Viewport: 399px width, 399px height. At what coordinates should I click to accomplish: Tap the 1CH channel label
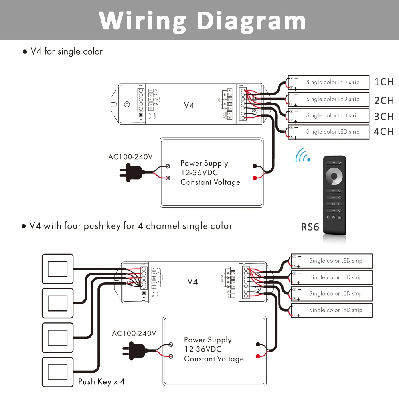pyautogui.click(x=384, y=82)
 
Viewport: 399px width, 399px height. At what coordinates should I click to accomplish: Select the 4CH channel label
pyautogui.click(x=384, y=132)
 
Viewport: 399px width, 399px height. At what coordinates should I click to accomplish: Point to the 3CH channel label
pyautogui.click(x=384, y=117)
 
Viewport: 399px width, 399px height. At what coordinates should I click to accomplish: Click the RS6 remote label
pyautogui.click(x=310, y=227)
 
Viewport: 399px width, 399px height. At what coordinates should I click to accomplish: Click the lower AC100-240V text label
pyautogui.click(x=134, y=333)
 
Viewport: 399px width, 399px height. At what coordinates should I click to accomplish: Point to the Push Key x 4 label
pyautogui.click(x=101, y=381)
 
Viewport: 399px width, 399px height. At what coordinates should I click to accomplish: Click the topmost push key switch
pyautogui.click(x=57, y=269)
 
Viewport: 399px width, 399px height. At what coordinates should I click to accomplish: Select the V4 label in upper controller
pyautogui.click(x=189, y=105)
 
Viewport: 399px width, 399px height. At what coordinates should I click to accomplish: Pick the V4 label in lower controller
pyautogui.click(x=192, y=282)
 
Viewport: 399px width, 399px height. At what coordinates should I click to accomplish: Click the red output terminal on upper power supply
pyautogui.click(x=255, y=178)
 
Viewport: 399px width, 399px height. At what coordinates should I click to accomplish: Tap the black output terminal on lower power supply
pyautogui.click(x=258, y=344)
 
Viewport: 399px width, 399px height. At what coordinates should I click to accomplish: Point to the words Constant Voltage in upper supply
pyautogui.click(x=210, y=182)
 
